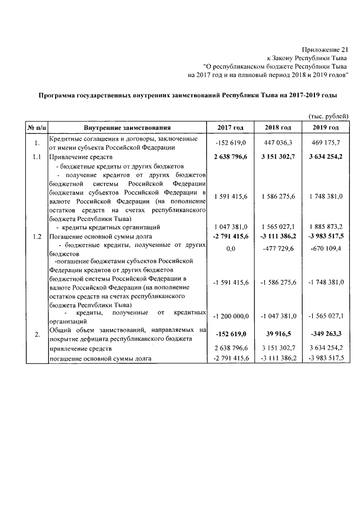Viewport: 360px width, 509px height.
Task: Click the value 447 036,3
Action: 279,143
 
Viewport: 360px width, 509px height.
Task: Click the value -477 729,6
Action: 279,249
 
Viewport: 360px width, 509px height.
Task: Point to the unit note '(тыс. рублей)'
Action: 329,115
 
